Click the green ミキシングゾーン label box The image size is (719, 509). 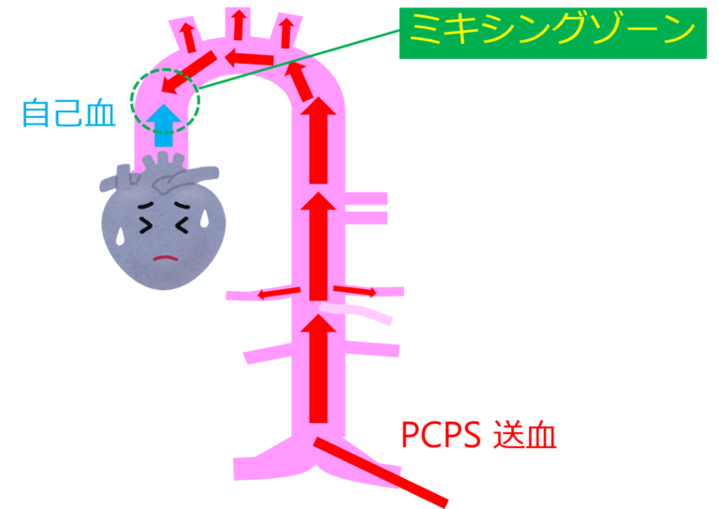coord(552,34)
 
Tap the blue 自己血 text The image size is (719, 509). coord(68,113)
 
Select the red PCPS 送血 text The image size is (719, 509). coord(478,435)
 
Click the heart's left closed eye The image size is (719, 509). coord(145,225)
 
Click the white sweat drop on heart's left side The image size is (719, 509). coord(120,236)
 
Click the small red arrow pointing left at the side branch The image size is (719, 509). coord(279,293)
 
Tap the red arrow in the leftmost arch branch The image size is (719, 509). coord(188,36)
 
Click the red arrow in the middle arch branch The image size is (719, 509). coord(240,24)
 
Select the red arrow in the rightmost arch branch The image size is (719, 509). coord(284,33)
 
